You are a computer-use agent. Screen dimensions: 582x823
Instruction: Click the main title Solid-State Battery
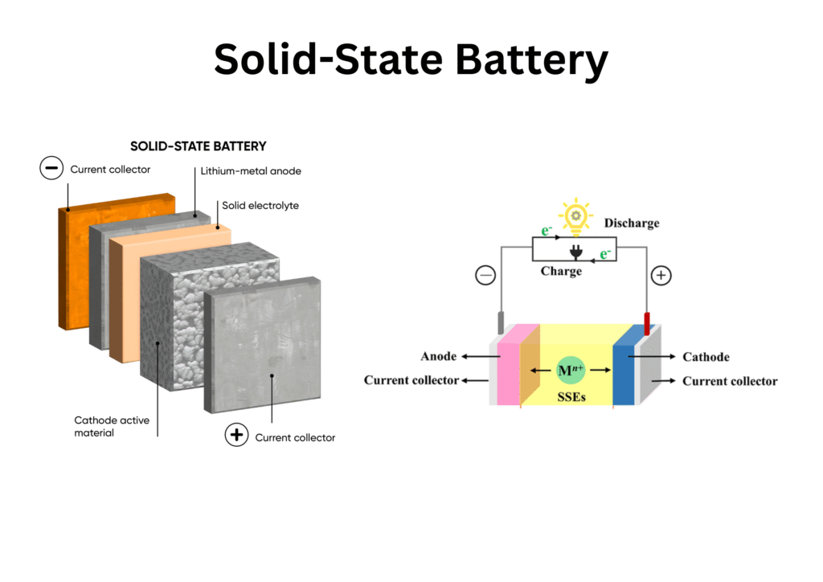tap(411, 59)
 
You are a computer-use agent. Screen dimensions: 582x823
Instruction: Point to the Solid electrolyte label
tap(260, 206)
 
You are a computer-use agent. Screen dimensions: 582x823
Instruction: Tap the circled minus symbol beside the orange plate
tap(51, 169)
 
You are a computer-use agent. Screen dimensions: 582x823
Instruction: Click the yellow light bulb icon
tap(575, 215)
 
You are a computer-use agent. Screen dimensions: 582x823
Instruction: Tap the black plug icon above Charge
tap(575, 252)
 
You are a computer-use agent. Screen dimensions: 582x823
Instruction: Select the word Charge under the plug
tap(561, 272)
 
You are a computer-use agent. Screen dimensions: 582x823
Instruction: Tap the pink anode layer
tap(509, 366)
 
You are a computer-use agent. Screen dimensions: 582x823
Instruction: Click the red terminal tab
tap(646, 324)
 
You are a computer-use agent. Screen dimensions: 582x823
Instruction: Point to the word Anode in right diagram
tap(438, 356)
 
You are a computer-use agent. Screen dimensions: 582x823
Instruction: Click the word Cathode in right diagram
tap(706, 356)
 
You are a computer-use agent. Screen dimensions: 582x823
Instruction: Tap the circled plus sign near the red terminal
tap(661, 276)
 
